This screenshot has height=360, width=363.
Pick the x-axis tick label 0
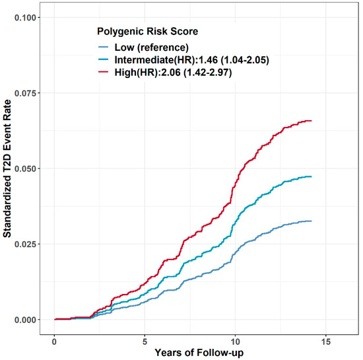pos(54,343)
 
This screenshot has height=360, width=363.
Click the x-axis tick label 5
pos(145,343)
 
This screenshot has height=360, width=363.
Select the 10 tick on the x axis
pos(234,343)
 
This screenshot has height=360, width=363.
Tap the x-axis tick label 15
pos(324,343)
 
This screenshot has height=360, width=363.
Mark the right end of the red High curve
pos(311,121)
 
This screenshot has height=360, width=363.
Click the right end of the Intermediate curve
pos(311,176)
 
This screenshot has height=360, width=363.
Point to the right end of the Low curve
pos(311,221)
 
